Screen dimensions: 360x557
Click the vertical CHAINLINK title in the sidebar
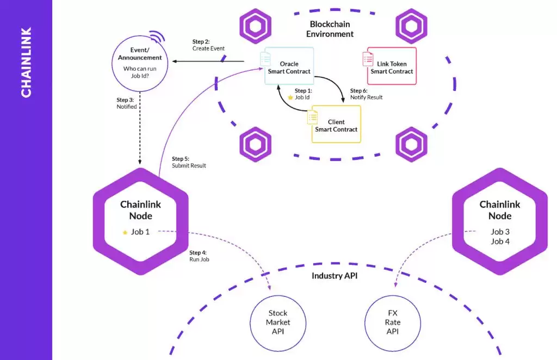(26, 63)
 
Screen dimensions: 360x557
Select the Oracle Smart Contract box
(289, 66)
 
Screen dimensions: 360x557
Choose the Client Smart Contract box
(336, 125)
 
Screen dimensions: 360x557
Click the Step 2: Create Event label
(208, 45)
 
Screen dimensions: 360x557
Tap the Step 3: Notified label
(127, 103)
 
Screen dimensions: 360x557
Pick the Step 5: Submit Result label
(189, 162)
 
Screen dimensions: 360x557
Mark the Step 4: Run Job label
(199, 256)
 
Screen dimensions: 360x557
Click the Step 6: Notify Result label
(366, 94)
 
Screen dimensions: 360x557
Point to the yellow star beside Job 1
(125, 232)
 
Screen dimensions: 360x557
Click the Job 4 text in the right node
(500, 241)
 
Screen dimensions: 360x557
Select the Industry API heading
(335, 276)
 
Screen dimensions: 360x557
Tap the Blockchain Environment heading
(330, 29)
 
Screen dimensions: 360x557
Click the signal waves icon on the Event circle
(157, 36)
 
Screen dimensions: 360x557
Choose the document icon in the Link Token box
(368, 58)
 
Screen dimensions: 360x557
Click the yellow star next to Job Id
(290, 97)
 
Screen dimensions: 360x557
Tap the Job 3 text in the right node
(500, 232)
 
